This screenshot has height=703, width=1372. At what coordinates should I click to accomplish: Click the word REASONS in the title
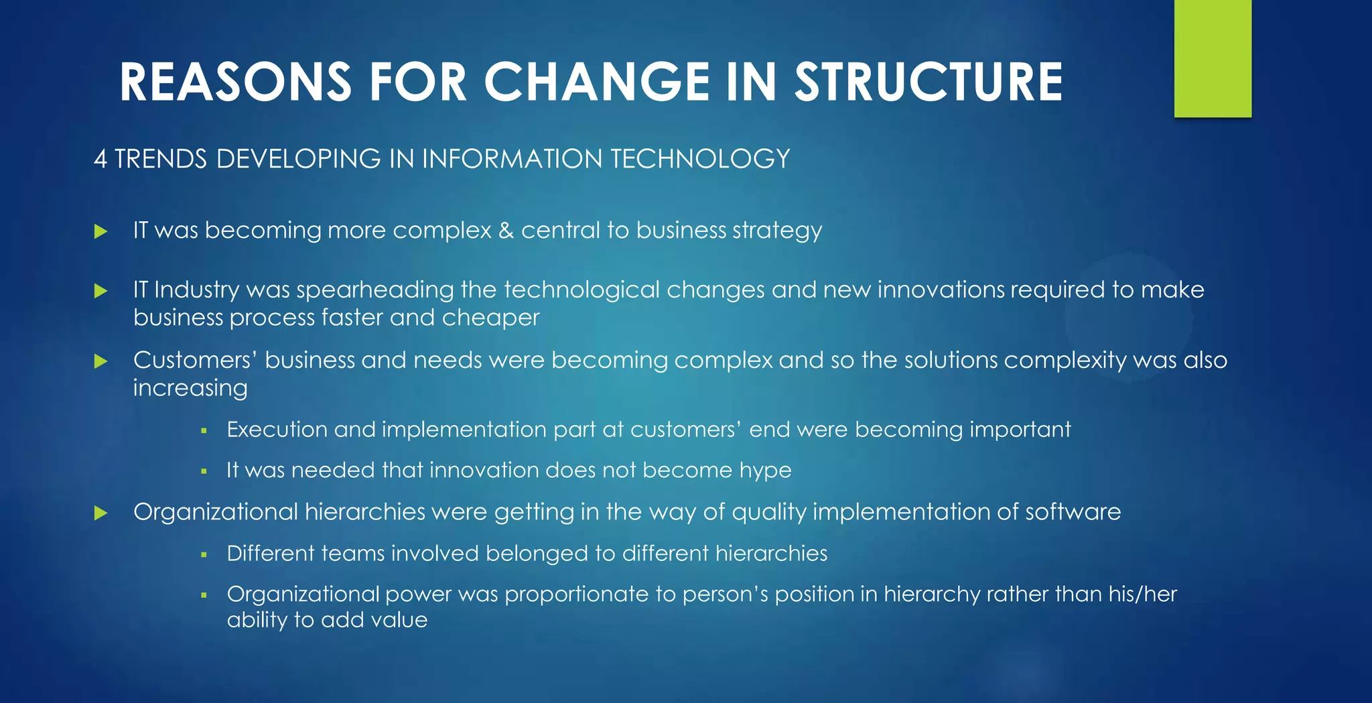pos(235,82)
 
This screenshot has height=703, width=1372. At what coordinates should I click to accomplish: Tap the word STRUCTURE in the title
pos(929,82)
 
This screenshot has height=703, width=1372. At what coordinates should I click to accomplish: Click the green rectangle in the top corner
pos(1213,58)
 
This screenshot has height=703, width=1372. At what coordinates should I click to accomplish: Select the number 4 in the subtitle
pos(100,159)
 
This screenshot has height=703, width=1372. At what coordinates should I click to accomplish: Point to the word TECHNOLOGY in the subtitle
pos(700,159)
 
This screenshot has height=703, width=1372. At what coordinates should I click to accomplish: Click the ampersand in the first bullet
pos(506,231)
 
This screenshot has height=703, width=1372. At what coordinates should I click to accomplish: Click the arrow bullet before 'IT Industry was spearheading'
pos(101,291)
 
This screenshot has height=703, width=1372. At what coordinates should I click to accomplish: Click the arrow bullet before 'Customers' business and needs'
pos(101,362)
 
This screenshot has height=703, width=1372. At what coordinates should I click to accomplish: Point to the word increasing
pos(190,389)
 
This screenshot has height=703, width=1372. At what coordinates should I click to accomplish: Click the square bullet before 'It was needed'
pos(204,471)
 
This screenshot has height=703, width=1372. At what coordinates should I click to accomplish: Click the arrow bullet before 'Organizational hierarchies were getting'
pos(101,513)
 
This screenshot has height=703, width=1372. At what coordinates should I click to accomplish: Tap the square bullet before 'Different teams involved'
pos(204,554)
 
